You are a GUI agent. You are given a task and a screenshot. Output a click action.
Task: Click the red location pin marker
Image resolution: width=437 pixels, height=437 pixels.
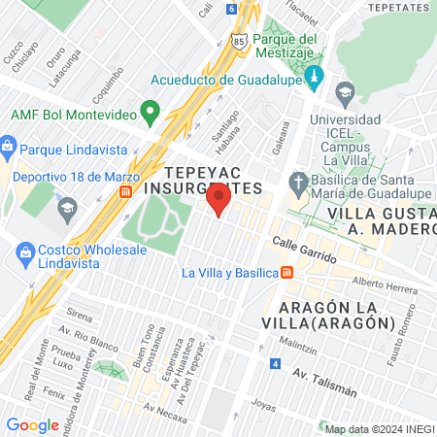[x=218, y=201]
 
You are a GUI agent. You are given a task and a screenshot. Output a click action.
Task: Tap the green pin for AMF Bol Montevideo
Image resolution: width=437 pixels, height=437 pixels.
[x=150, y=113]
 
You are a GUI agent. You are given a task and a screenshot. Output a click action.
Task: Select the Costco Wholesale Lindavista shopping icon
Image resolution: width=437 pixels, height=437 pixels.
[x=28, y=254]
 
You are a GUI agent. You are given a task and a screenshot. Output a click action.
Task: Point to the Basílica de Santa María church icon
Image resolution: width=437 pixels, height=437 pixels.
[x=298, y=182]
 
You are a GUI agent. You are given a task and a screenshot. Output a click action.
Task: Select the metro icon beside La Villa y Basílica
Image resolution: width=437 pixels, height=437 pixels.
[x=287, y=273]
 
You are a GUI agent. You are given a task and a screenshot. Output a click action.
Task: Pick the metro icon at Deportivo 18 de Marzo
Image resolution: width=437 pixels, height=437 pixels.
[x=125, y=192]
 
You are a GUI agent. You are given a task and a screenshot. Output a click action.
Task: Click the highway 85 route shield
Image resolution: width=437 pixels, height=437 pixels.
[x=239, y=44]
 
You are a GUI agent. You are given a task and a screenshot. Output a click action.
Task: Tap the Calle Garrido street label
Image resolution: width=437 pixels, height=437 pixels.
[x=304, y=252]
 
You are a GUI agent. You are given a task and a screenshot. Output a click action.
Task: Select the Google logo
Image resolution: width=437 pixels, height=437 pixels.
[x=32, y=424]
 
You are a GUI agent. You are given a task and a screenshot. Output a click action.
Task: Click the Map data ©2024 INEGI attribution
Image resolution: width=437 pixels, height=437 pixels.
[x=378, y=429]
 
